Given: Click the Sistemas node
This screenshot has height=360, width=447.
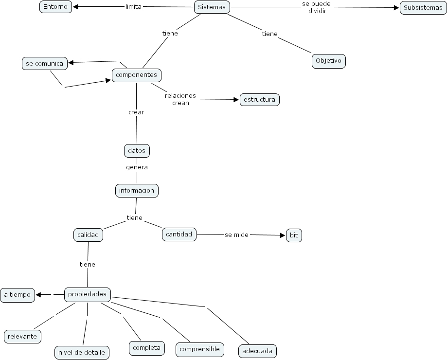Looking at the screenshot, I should coord(212,7).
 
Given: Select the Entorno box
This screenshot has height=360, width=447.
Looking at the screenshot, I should coord(55,7).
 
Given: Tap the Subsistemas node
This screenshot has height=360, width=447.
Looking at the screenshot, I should coord(423,8).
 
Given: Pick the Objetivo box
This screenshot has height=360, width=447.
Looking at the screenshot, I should coord(328,61).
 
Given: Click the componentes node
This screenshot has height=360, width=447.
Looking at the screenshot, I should coord(136,75).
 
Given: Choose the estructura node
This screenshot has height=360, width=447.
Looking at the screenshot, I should coord(259,100).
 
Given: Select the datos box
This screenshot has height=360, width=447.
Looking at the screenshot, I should coord(137,151).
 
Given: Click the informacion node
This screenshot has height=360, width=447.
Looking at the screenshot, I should coord(137,190).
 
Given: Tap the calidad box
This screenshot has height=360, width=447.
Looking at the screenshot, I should coord(88,235).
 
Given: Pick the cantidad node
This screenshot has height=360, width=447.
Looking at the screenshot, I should coord(179,234).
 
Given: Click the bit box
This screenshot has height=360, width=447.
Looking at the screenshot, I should coord(294,235).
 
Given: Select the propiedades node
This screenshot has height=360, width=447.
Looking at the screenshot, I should coord(88,294).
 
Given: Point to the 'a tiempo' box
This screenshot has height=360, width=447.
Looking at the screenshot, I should coord(18,295).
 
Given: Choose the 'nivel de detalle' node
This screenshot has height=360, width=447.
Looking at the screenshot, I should coord(81,353).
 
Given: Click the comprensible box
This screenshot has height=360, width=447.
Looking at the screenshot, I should coord(199,349).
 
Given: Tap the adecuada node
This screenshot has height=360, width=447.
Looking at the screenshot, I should coord(257,351).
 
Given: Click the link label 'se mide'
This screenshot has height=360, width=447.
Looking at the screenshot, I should coord(236,235).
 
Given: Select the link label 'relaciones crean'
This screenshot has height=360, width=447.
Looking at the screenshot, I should coord(180,99).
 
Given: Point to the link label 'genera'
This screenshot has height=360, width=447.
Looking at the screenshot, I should coord(137,167).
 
